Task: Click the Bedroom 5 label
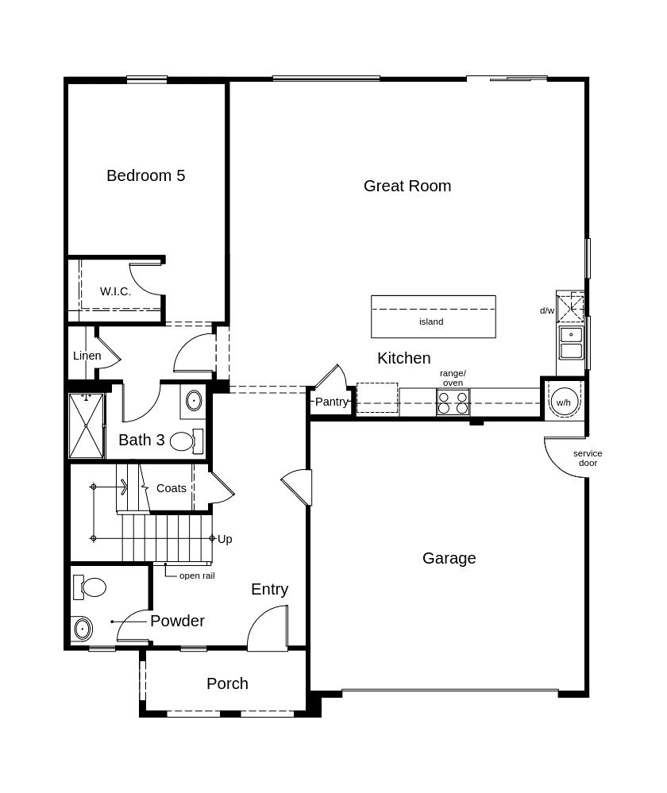coord(146,175)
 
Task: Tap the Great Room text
coord(407,186)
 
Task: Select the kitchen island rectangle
coord(434,317)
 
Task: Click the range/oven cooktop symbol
coord(453,402)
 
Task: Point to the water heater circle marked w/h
coord(564,402)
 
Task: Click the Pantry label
coord(331,402)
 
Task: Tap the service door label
coord(588,458)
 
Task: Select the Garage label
coord(449,558)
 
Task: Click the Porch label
coord(227,683)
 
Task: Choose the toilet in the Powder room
coord(90,587)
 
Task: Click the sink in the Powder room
coord(82,629)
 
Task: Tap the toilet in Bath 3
coord(187,441)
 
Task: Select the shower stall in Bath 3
coord(86,425)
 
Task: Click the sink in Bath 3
coord(193,401)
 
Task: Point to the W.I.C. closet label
coord(115,291)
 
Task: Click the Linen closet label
coord(87,356)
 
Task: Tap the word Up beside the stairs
coord(225,539)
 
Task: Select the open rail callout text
coord(197,576)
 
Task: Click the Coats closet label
coord(171,488)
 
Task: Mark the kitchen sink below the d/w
coord(571,343)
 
